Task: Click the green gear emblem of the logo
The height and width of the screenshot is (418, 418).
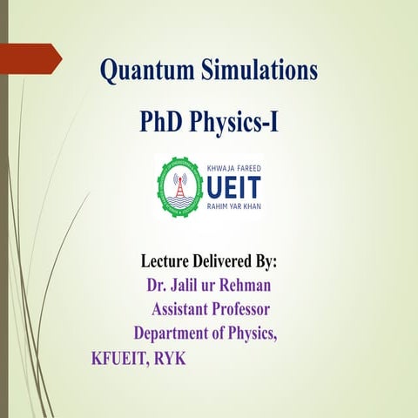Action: (179, 186)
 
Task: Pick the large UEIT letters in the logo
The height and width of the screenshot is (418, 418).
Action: (232, 186)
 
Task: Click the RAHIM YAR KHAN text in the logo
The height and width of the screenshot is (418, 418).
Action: (234, 207)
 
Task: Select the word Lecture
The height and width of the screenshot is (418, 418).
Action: (170, 260)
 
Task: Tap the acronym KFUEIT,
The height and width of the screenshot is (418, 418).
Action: (119, 358)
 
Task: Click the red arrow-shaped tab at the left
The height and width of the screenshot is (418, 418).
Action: (30, 58)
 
